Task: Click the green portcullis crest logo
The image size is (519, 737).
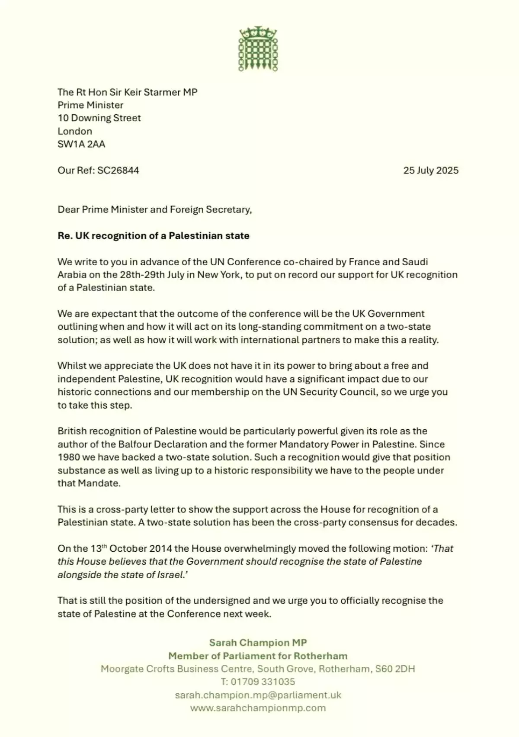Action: click(x=258, y=48)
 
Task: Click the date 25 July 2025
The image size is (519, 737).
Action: click(x=431, y=170)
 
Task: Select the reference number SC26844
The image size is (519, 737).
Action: click(x=118, y=170)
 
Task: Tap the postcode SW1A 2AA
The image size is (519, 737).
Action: click(x=81, y=144)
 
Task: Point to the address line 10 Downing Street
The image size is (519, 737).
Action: click(x=99, y=118)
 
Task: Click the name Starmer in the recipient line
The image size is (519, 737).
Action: click(x=157, y=92)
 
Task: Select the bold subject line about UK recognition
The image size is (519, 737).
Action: click(x=154, y=235)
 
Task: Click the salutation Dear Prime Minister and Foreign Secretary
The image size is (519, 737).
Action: click(x=154, y=209)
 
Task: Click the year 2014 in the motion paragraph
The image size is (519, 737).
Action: click(x=160, y=548)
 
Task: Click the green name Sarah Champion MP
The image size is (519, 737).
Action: click(x=258, y=643)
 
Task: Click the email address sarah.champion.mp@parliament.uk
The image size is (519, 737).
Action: click(x=258, y=695)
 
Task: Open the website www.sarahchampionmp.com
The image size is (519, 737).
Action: click(x=258, y=708)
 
